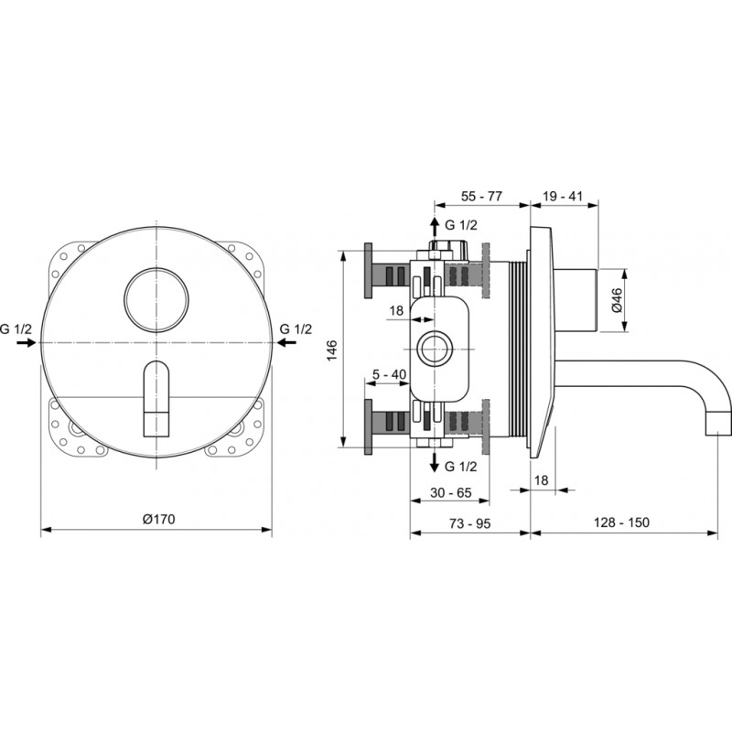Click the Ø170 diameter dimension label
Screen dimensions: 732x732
(x=158, y=519)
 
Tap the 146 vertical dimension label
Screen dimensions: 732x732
(x=331, y=350)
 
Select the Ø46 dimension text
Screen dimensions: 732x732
(x=616, y=301)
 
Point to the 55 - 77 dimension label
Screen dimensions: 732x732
(x=481, y=196)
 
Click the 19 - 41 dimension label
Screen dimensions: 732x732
(x=563, y=196)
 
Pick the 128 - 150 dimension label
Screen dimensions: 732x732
(x=621, y=522)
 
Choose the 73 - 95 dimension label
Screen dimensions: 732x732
(x=469, y=523)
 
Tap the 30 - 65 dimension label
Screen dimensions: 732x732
(x=450, y=492)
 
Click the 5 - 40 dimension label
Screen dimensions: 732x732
(x=389, y=374)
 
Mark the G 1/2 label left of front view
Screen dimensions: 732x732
(x=16, y=329)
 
